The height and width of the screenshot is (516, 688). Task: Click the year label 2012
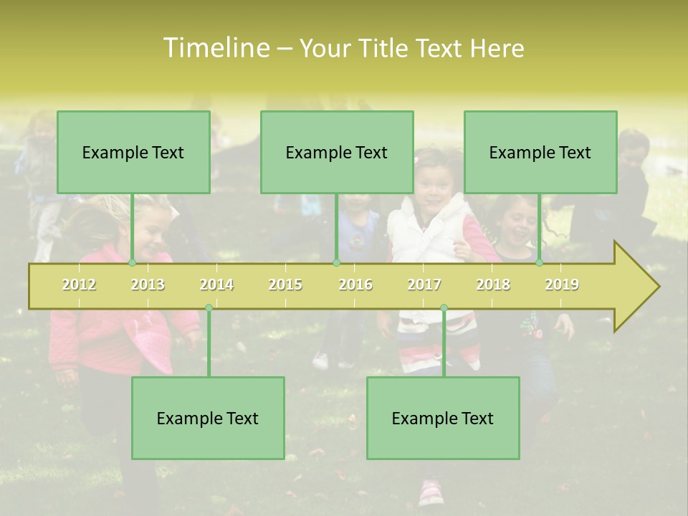tap(79, 285)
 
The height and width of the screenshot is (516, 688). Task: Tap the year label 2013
tap(148, 285)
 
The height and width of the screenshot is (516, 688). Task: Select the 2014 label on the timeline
tap(216, 285)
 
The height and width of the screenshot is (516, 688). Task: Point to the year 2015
tap(285, 285)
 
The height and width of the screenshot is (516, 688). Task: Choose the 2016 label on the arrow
tap(355, 285)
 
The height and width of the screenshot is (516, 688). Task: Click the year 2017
tap(424, 285)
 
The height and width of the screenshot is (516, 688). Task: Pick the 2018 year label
tap(493, 285)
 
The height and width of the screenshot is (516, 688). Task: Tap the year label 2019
tap(562, 285)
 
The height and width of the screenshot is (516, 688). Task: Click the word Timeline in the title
tap(215, 48)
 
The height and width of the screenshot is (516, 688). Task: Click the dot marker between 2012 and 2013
tap(132, 263)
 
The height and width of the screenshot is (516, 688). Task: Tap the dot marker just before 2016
tap(336, 263)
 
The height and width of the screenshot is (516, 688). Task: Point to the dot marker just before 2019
tap(540, 263)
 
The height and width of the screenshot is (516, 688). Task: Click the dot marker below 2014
tap(209, 308)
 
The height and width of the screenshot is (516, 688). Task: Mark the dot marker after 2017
tap(444, 308)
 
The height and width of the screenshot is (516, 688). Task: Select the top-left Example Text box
tap(133, 152)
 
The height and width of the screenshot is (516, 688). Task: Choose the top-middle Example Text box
tap(337, 152)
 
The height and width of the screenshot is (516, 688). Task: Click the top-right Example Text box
tap(540, 152)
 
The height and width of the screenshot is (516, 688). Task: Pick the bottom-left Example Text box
tap(208, 418)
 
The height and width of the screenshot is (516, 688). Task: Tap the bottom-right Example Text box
tap(443, 418)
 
